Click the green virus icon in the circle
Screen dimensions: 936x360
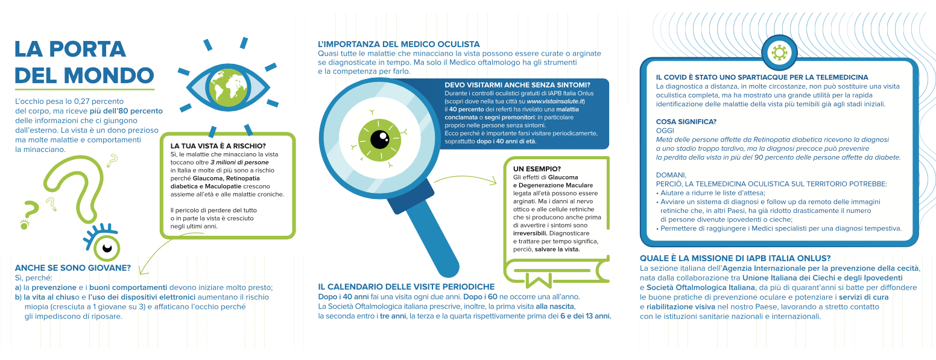tap(779, 52)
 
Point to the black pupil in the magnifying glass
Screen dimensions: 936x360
tap(379, 139)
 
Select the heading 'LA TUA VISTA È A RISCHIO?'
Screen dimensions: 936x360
tap(218, 146)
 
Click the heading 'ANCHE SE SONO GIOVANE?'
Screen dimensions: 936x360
tap(73, 268)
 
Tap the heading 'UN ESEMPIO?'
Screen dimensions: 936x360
tap(537, 169)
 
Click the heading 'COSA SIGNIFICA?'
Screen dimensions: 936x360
tap(686, 122)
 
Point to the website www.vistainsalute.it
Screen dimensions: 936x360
tap(555, 101)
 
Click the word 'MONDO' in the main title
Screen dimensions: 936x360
tap(109, 75)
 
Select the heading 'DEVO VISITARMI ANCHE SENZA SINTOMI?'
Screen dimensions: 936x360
tap(517, 85)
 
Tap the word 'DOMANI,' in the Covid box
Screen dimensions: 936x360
tap(671, 175)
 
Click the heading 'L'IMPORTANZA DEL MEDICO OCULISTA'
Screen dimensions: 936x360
tap(399, 44)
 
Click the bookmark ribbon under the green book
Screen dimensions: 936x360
tap(538, 280)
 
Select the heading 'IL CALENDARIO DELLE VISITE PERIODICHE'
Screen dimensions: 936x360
tap(406, 287)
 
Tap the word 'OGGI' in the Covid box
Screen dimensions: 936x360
tap(665, 131)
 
